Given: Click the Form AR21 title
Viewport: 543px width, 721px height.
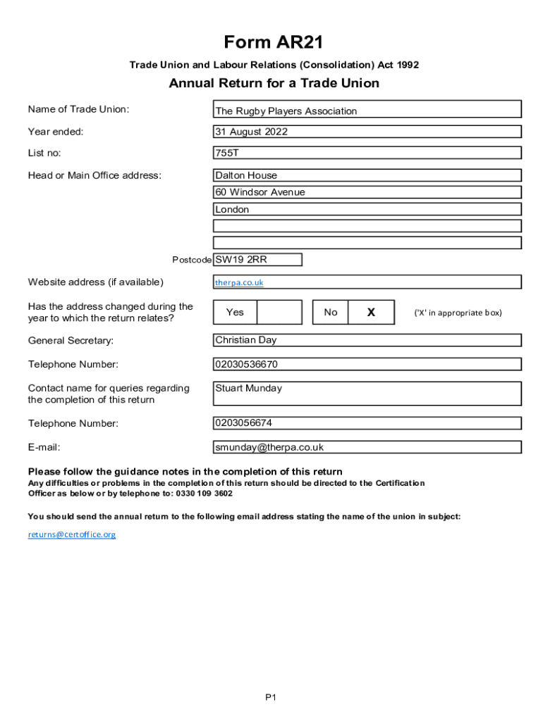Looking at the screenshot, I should tap(274, 42).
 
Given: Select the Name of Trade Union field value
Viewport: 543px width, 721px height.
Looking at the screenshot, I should tap(286, 111).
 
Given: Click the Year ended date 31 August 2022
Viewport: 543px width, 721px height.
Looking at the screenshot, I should tap(252, 132).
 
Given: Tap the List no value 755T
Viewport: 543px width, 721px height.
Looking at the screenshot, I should tap(228, 153).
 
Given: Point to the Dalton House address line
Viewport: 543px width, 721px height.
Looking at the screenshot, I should tap(246, 175).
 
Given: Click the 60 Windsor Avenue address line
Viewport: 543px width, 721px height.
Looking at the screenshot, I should tap(260, 192).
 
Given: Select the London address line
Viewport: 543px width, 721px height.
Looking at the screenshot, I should tap(232, 209).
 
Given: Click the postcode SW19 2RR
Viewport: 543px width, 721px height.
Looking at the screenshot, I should tap(241, 259).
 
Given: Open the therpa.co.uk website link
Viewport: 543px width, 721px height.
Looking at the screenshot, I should tap(239, 282).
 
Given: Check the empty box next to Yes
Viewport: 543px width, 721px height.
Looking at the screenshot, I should tap(279, 312).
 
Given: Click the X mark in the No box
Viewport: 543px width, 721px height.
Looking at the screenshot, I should tap(371, 312).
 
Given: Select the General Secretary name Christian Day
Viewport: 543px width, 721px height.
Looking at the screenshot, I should tap(246, 340).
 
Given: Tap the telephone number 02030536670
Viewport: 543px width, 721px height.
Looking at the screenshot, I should tap(247, 364).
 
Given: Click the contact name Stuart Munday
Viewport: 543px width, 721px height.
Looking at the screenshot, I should tap(248, 388).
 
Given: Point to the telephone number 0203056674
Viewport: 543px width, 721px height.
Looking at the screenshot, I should tap(244, 423).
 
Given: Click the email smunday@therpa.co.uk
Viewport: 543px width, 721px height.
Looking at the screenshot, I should tap(269, 447).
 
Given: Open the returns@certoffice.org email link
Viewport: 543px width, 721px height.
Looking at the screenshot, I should tap(72, 534).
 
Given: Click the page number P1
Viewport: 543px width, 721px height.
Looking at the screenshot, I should tap(271, 697).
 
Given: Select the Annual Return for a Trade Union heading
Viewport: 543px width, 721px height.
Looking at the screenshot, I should tap(274, 83).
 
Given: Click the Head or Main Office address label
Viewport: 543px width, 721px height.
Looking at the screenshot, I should tap(94, 175).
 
